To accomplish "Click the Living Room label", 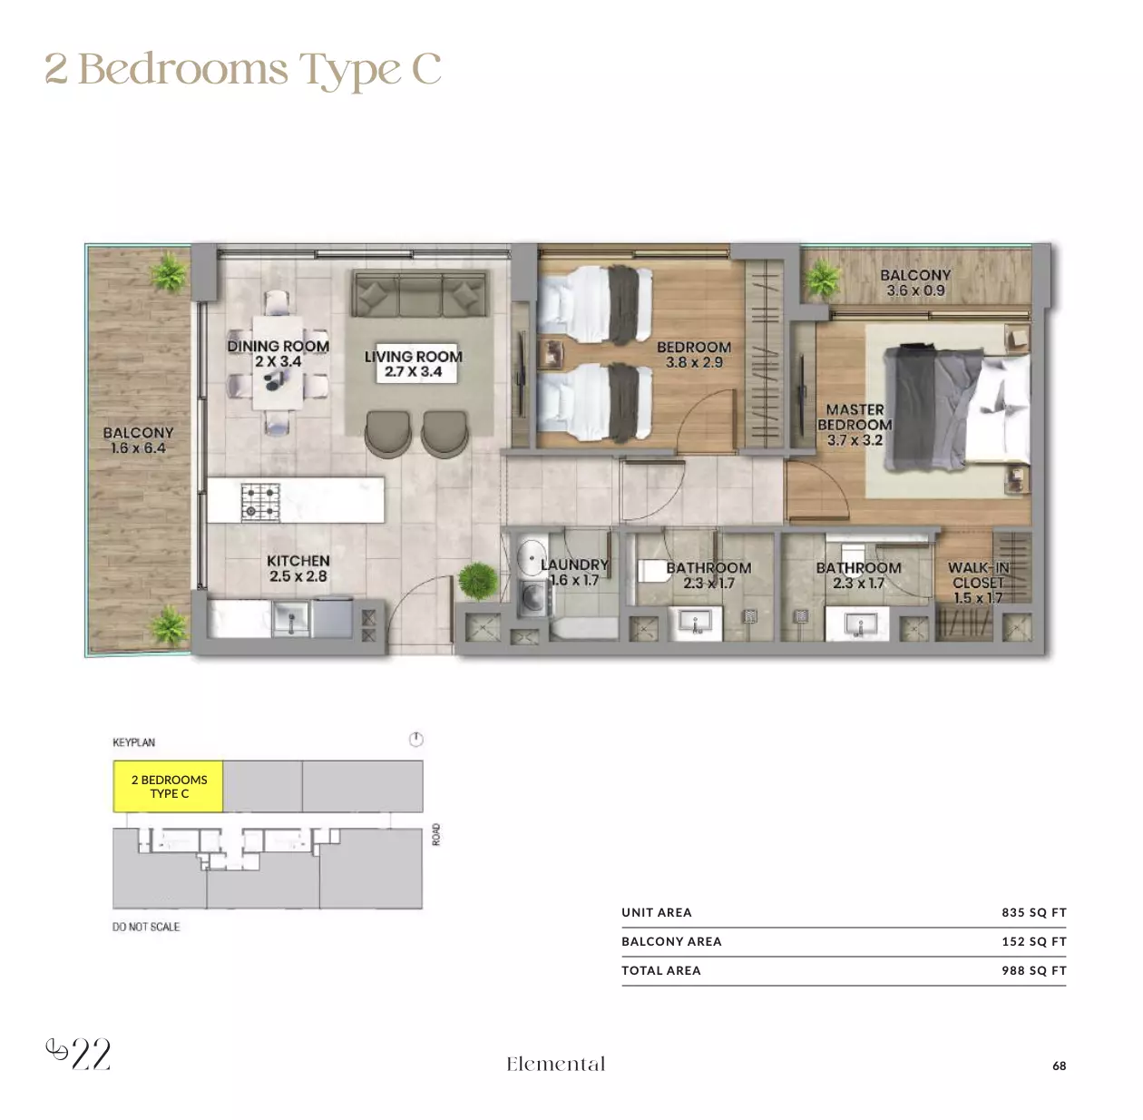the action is [413, 364].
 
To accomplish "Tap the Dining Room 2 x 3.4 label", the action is [278, 353].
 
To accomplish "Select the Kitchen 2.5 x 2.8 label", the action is [298, 568].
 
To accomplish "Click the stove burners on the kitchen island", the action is [260, 502].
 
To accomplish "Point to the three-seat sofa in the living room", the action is [420, 294].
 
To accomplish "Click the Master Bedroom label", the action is [855, 425].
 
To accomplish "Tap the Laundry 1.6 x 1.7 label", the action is [574, 572].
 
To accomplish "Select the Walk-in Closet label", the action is [978, 583].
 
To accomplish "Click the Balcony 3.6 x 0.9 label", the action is [915, 282].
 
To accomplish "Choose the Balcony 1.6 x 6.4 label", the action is [138, 440].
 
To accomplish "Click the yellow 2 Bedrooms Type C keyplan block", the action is [168, 785].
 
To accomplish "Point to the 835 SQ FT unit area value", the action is [1033, 912].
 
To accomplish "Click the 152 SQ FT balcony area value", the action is [1033, 941].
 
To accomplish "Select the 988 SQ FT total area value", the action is [1033, 970].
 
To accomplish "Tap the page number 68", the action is [1059, 1066].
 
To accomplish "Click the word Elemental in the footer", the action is [556, 1064].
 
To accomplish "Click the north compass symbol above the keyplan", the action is [415, 739].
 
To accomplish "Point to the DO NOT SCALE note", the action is [146, 927].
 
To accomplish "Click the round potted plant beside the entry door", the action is [478, 581].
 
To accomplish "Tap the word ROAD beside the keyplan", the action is [436, 834].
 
